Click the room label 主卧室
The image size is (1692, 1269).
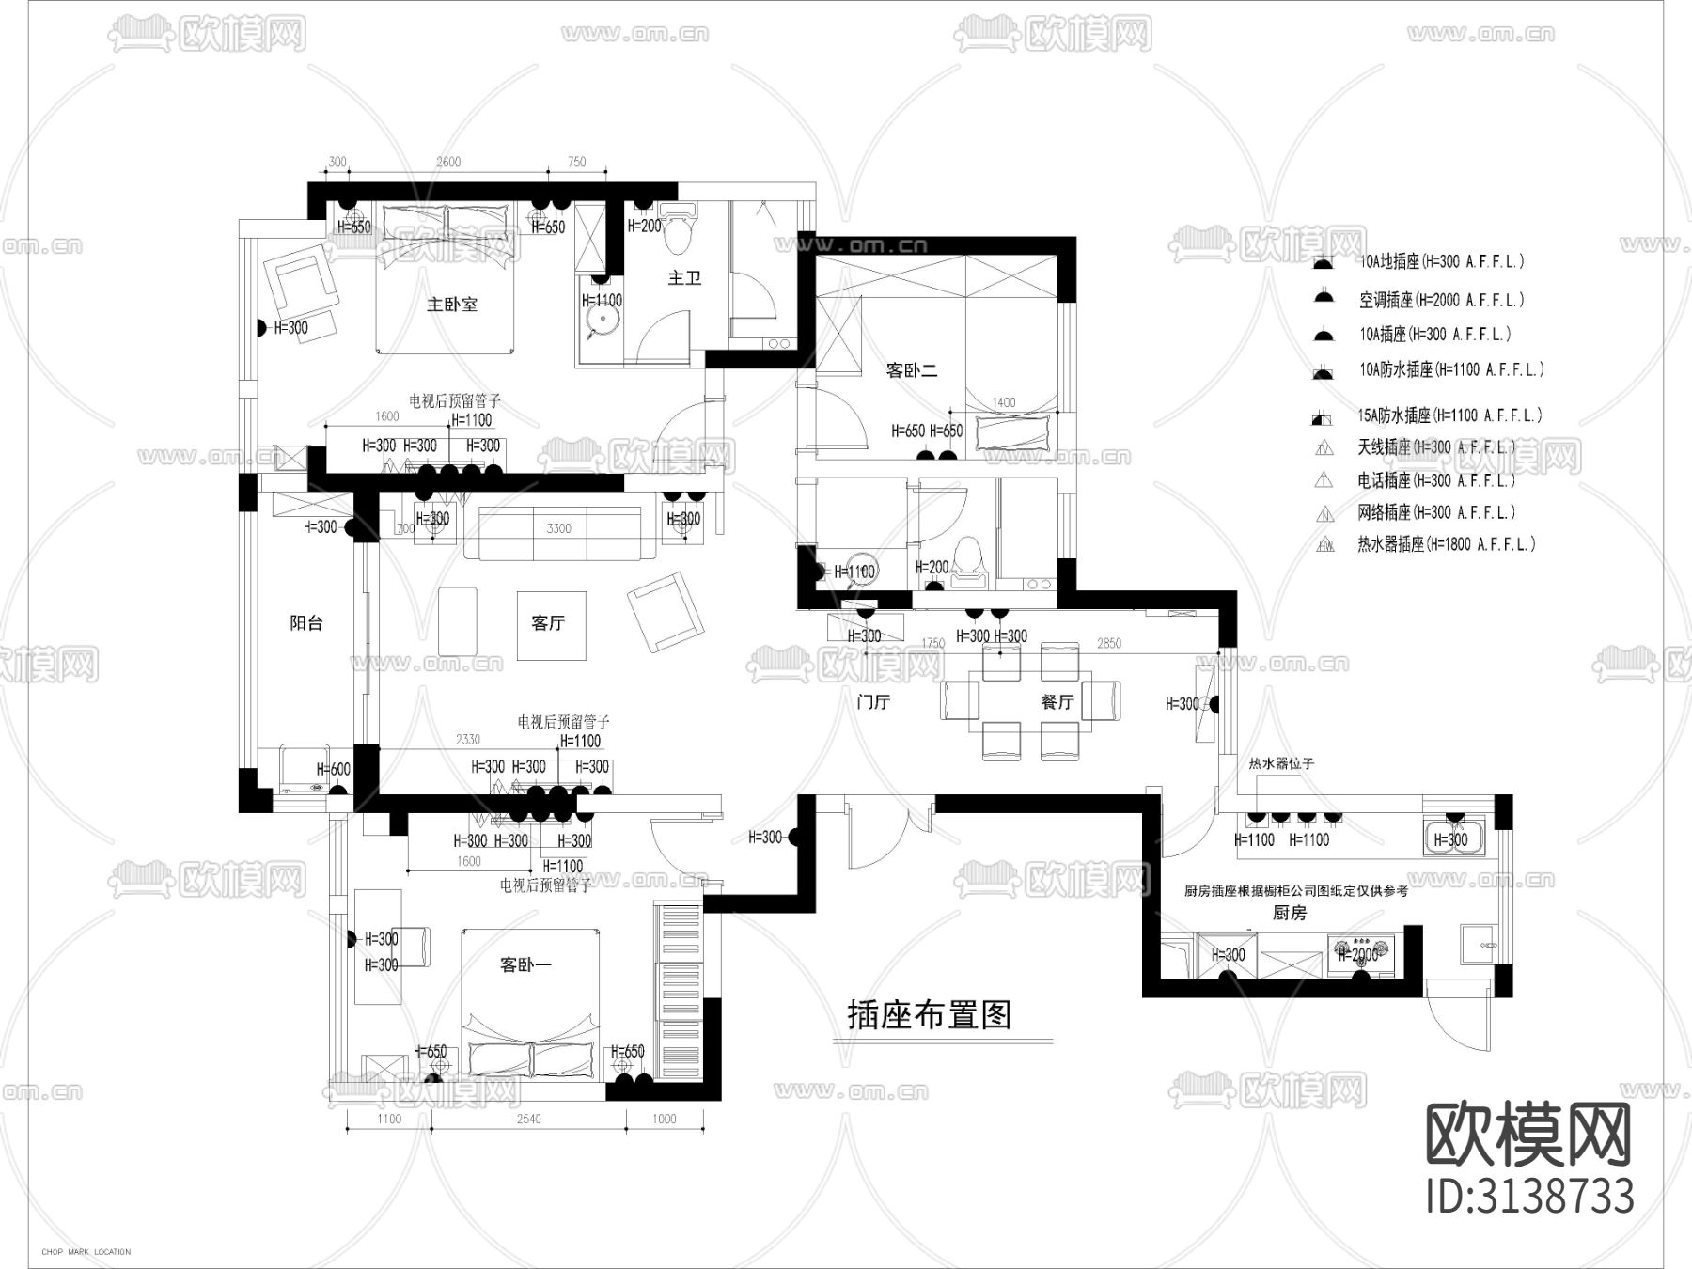(452, 305)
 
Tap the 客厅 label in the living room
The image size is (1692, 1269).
(548, 623)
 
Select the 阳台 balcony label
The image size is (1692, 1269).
(306, 623)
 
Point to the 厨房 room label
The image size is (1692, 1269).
(1290, 913)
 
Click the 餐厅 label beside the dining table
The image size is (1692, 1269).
(1057, 702)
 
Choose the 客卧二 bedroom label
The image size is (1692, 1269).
(912, 370)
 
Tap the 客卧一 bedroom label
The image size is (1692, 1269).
(525, 964)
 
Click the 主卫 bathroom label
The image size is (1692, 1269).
(684, 278)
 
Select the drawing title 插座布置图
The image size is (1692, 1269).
(929, 1016)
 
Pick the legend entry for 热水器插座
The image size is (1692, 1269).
(1446, 544)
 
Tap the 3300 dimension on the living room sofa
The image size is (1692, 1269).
(558, 528)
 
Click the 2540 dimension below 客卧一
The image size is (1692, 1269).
(529, 1119)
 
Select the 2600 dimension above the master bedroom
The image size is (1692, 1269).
(448, 162)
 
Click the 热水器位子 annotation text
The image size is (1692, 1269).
(1281, 764)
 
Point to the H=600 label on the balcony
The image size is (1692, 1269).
(333, 769)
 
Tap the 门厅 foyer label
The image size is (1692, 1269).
(873, 702)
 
